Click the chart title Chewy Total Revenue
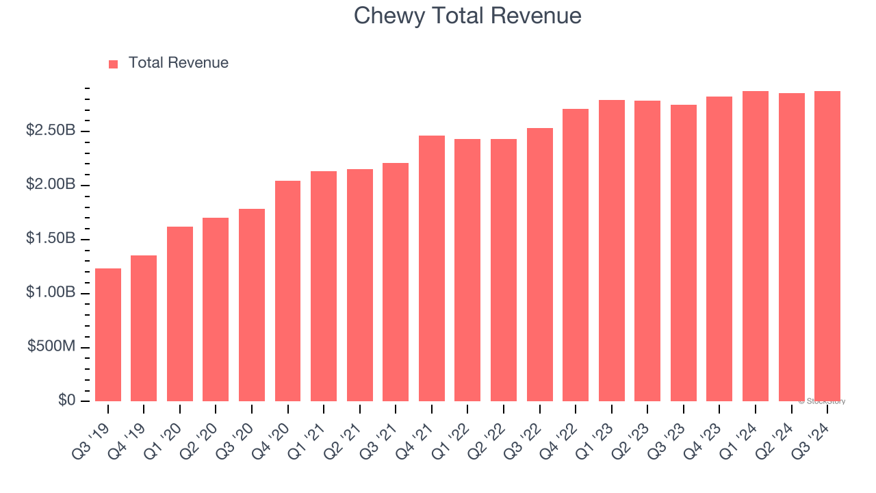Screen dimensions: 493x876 pos(467,16)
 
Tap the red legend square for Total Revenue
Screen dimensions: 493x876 pos(114,64)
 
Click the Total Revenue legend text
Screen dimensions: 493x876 pos(178,63)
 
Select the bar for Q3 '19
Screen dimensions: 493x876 pos(108,335)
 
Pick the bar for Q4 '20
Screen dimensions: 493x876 pos(287,291)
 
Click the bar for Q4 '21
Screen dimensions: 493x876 pos(432,268)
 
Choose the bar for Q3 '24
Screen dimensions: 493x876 pos(827,246)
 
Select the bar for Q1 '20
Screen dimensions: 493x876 pos(180,314)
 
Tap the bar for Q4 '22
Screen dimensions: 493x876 pos(576,255)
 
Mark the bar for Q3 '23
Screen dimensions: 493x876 pos(684,253)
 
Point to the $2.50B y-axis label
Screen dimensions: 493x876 pos(51,130)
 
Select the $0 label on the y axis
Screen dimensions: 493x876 pos(66,400)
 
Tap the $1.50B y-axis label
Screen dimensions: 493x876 pos(51,238)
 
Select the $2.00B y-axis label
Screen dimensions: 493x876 pos(51,184)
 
